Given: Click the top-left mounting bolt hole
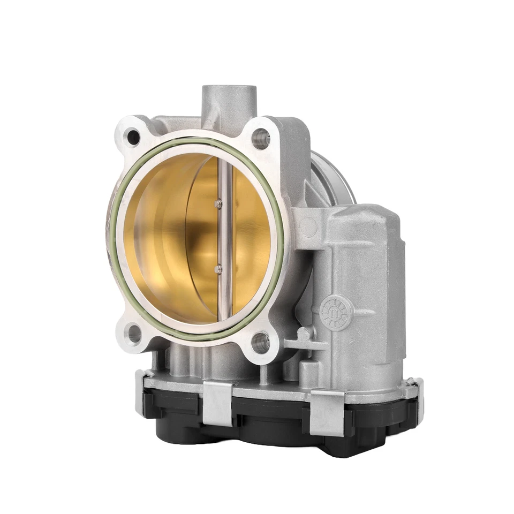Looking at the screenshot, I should pyautogui.click(x=133, y=137).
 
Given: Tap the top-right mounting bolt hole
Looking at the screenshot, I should pyautogui.click(x=260, y=139).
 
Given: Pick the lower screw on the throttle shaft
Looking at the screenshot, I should pyautogui.click(x=218, y=269).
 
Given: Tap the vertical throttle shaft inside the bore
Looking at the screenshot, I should pyautogui.click(x=225, y=236).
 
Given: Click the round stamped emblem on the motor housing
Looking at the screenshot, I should pyautogui.click(x=336, y=313).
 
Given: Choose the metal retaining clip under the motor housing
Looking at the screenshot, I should pyautogui.click(x=327, y=412).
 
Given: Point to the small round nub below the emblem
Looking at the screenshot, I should pyautogui.click(x=304, y=334).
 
